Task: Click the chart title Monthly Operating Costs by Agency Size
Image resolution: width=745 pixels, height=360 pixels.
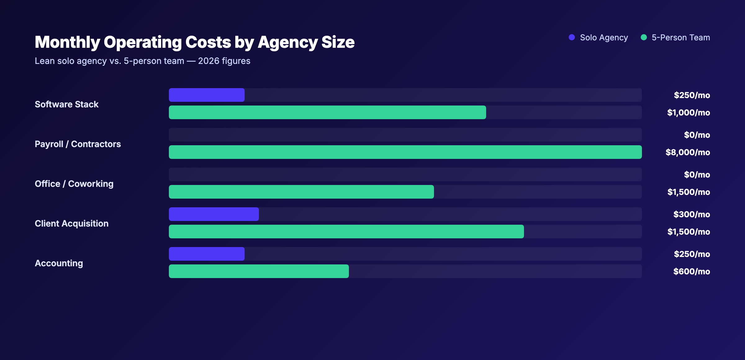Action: tap(194, 42)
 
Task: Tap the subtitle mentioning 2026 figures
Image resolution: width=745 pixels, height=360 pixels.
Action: tap(142, 61)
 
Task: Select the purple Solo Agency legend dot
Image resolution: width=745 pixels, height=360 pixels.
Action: tap(571, 37)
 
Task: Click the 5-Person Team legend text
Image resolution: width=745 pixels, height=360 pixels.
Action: tap(680, 38)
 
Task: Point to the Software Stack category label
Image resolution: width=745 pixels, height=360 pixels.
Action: tap(66, 104)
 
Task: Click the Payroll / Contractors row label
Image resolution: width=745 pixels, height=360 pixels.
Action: tap(78, 144)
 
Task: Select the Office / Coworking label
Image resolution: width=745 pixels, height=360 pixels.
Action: tap(74, 184)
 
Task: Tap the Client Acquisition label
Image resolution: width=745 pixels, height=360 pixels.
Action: tap(71, 223)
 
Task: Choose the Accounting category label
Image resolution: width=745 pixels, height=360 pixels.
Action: tap(59, 263)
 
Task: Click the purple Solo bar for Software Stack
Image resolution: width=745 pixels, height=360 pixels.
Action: tap(206, 95)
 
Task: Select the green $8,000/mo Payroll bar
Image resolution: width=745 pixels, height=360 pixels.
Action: tap(405, 152)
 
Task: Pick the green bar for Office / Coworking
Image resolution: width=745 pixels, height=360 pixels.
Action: tap(301, 192)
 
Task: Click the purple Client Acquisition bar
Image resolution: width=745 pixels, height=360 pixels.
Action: tap(214, 214)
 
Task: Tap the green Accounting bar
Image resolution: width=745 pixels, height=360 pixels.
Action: tap(259, 271)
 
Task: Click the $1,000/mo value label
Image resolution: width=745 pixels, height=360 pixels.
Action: tap(688, 112)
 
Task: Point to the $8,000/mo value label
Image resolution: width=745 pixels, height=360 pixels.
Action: tap(688, 152)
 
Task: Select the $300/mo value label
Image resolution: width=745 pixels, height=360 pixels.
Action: tap(691, 214)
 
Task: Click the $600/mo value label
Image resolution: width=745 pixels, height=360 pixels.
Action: tap(691, 271)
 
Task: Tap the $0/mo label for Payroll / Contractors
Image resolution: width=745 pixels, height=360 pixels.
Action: tap(697, 135)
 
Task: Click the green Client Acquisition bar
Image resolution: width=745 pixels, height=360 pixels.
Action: tap(346, 232)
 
